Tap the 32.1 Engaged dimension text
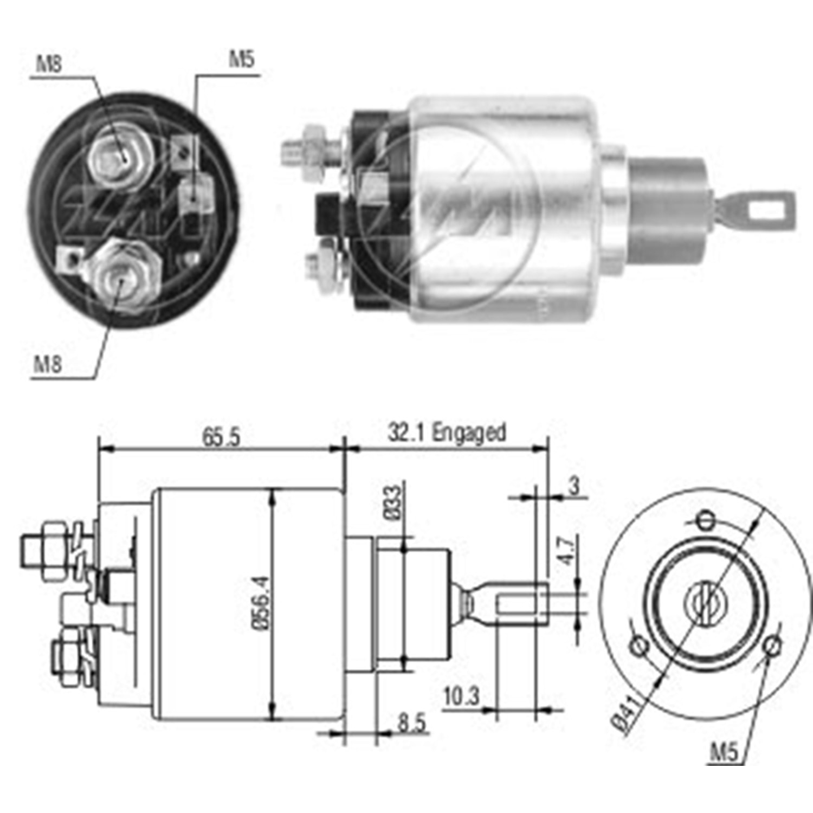447,433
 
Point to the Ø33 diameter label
395,502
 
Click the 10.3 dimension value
462,696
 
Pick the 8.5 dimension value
412,723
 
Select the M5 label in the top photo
241,59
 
